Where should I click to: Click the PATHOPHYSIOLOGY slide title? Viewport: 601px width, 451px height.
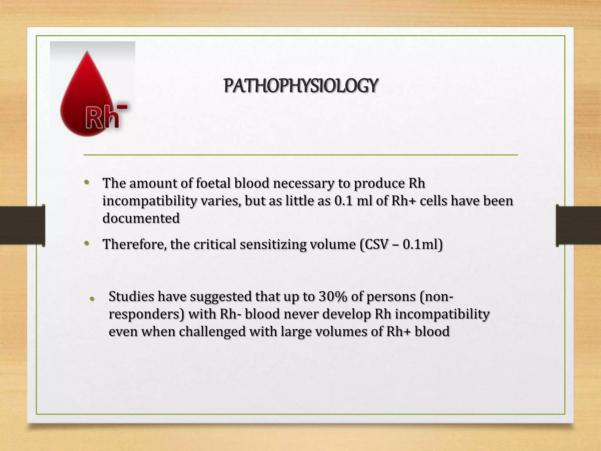click(x=300, y=86)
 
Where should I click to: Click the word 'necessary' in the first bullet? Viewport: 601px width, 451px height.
click(x=303, y=184)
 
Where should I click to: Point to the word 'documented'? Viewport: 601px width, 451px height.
click(x=141, y=218)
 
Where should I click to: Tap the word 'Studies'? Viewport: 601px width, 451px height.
click(x=131, y=297)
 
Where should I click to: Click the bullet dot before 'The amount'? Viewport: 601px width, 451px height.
click(x=86, y=183)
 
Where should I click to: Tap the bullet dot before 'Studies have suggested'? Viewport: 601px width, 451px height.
click(x=92, y=299)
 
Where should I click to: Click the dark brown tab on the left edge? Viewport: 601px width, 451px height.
click(x=22, y=225)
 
